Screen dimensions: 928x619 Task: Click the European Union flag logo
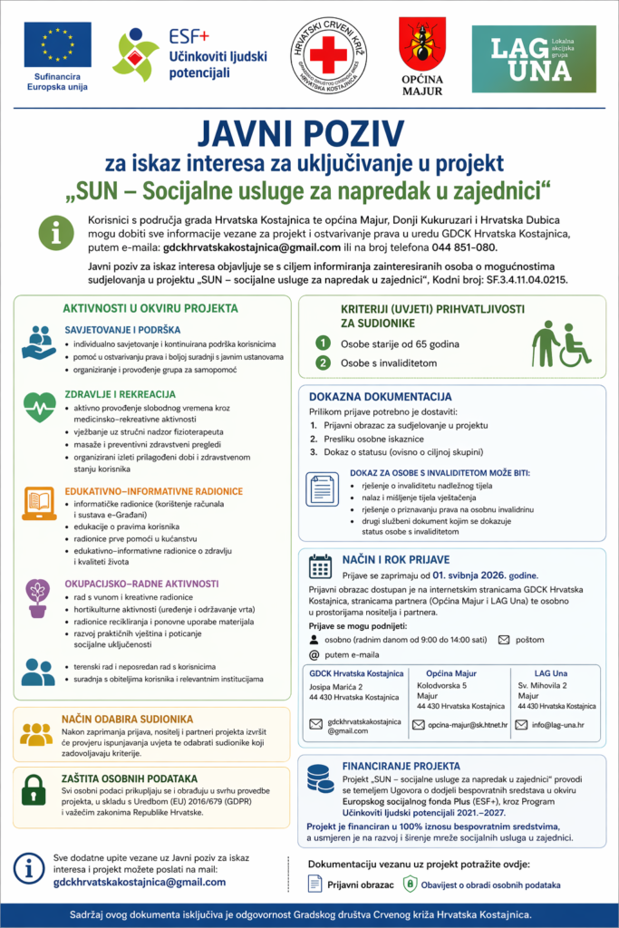[x=57, y=44]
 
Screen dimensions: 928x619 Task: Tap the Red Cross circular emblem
[x=328, y=53]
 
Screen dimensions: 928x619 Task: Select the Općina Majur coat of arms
[x=421, y=44]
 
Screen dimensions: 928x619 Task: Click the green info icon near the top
[x=61, y=232]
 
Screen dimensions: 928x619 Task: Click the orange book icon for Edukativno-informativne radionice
[x=38, y=500]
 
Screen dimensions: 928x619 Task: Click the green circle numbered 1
[x=322, y=343]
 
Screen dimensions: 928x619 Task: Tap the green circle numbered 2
[x=322, y=363]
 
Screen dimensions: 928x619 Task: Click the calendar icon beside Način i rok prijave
[x=321, y=566]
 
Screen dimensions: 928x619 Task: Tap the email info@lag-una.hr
[x=558, y=724]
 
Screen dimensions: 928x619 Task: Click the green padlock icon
[x=34, y=789]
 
